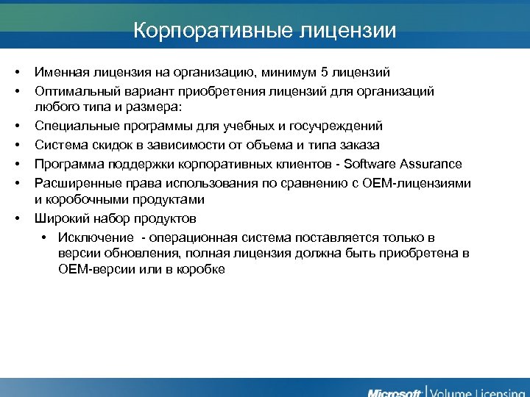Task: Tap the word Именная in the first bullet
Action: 61,72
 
